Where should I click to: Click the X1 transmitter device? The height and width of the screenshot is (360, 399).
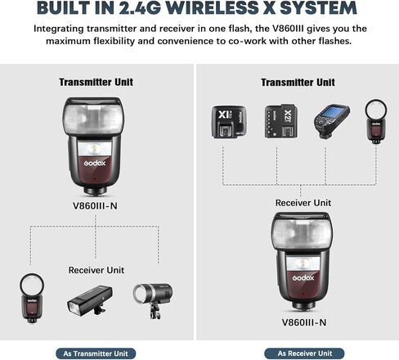[x=229, y=122]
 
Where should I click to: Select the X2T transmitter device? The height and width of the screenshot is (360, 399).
[x=280, y=121]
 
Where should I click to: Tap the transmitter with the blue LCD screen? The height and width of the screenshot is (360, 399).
[x=331, y=121]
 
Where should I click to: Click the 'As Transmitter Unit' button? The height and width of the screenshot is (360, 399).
[x=96, y=353]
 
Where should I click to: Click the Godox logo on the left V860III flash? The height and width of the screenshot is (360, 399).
[x=95, y=163]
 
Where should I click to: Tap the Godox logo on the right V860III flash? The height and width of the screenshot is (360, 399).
[x=303, y=278]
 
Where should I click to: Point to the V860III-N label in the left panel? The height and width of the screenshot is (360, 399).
[x=95, y=206]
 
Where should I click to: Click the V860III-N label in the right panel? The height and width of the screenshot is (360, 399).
[x=304, y=322]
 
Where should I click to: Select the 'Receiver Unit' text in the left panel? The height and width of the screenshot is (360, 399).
[x=96, y=270]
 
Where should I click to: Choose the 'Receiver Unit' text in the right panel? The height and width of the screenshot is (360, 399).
[x=303, y=203]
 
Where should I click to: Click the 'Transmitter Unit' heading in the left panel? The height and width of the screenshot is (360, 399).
[x=96, y=82]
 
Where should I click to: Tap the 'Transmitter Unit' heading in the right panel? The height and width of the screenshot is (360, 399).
[x=298, y=83]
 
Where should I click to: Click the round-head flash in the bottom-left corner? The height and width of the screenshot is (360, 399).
[x=32, y=299]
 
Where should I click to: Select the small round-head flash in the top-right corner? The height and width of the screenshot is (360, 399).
[x=376, y=122]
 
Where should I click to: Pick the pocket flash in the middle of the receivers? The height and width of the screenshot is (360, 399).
[x=90, y=301]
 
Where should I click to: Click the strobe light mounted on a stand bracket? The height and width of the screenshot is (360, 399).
[x=153, y=300]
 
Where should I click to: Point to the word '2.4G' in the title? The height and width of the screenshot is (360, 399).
[x=140, y=8]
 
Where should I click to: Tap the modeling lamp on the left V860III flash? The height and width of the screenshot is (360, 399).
[x=94, y=149]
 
